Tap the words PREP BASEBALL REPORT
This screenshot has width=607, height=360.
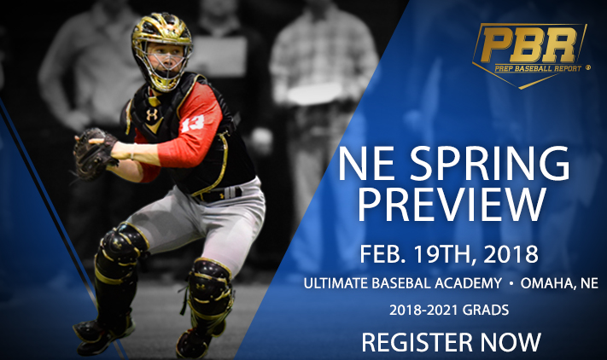[x=538, y=68]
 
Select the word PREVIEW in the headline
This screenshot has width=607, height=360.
[x=452, y=205]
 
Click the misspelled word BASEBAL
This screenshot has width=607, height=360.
[x=401, y=283]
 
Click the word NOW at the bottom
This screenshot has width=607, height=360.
[x=511, y=342]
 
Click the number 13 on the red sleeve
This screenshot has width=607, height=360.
[x=193, y=124]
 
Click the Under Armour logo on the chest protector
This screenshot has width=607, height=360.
[x=152, y=114]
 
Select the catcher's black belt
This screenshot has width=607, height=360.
[x=217, y=195]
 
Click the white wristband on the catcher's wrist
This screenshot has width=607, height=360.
[x=133, y=152]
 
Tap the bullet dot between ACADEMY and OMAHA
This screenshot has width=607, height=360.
[x=511, y=284]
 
